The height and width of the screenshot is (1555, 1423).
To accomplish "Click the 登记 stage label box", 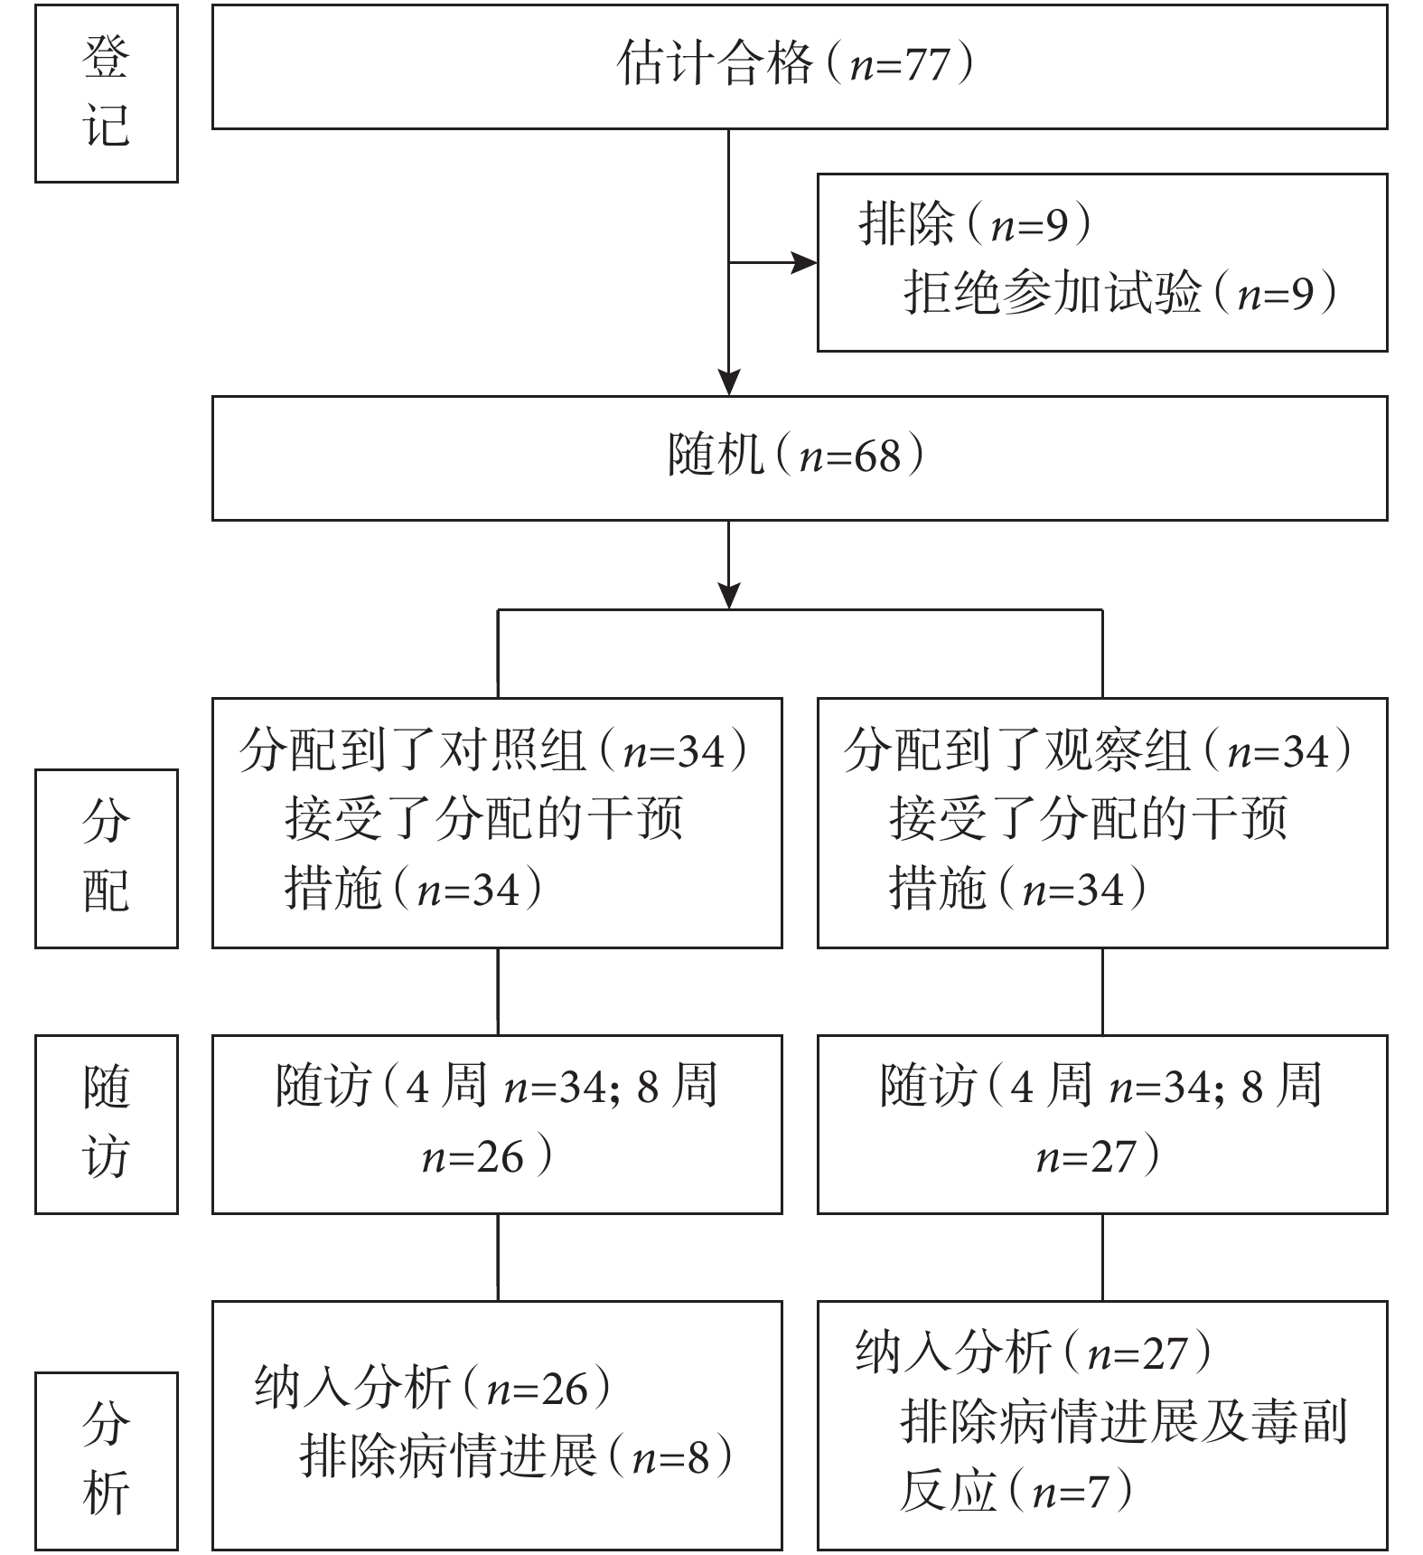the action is point(107,93).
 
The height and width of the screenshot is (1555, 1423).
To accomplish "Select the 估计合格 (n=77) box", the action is point(800,67).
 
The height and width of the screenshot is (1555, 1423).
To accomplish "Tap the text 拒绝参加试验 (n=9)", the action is point(1121,293).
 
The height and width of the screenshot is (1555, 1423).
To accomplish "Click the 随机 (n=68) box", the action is point(800,458).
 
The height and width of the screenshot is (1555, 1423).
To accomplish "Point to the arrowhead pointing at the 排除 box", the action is point(804,263).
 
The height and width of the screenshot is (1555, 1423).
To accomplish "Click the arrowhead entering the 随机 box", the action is point(728,382).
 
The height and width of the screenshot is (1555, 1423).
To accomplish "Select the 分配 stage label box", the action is point(107,859).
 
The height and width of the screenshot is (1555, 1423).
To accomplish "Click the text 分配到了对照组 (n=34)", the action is point(495,751).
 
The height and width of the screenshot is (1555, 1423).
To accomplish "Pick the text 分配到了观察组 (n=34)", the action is point(1100,751).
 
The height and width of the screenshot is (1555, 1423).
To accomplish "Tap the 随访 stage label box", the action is point(107,1124).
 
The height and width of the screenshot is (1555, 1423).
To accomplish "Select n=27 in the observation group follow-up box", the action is point(1086,1157).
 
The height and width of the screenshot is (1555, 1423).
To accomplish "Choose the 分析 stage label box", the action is point(107,1461).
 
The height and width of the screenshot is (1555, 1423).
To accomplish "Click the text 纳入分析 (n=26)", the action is point(434,1388).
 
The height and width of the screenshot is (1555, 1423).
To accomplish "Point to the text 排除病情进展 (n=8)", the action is point(517,1456).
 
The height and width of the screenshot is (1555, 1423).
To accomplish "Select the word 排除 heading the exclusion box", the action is point(906,222).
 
